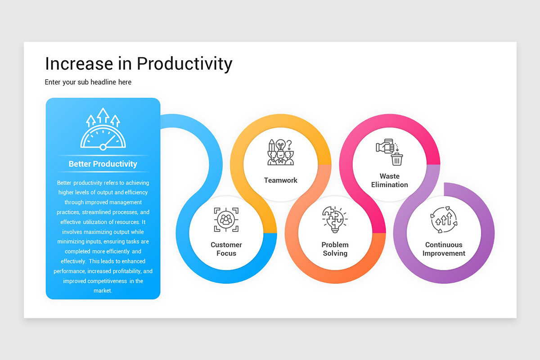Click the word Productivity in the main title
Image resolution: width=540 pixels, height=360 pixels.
tap(184, 64)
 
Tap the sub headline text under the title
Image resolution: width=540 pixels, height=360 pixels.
tap(88, 82)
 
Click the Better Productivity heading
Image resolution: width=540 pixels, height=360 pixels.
tap(103, 164)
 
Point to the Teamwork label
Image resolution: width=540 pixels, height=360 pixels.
tap(281, 180)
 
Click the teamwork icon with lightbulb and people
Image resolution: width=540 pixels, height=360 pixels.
tap(280, 152)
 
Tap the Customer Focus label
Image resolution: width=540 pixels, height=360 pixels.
tap(226, 249)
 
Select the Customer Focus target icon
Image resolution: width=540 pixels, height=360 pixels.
tap(226, 220)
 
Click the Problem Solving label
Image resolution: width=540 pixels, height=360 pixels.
tap(335, 249)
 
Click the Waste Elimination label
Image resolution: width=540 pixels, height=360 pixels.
tap(390, 180)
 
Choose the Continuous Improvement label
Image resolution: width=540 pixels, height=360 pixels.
tap(444, 249)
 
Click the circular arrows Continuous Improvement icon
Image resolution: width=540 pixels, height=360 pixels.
tap(444, 220)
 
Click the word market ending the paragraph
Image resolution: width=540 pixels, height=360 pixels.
tap(103, 291)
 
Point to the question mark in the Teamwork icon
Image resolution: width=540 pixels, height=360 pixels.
tap(289, 144)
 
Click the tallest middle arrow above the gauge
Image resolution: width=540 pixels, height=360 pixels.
tap(103, 116)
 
